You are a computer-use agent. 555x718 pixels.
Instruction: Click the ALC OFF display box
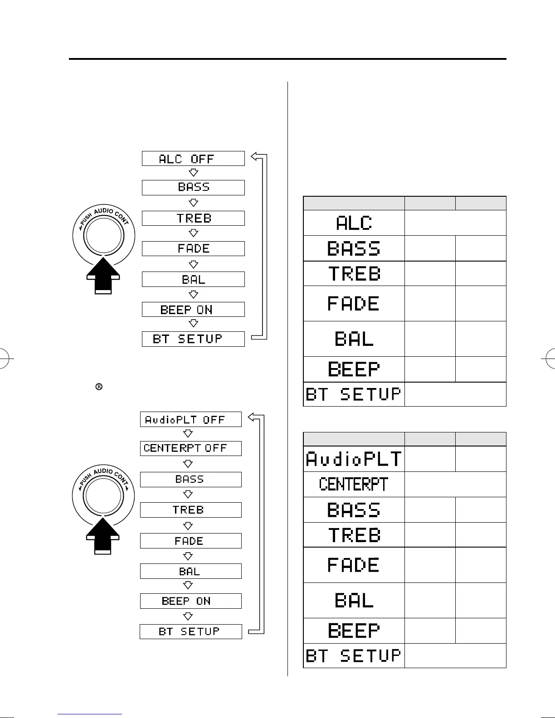click(x=193, y=159)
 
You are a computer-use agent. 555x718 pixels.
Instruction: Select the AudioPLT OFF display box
click(x=190, y=420)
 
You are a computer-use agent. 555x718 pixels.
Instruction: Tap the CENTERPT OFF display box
click(x=190, y=448)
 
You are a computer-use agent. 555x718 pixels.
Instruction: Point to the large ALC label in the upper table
click(x=354, y=223)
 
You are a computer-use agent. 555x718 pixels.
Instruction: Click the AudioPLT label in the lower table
click(x=354, y=459)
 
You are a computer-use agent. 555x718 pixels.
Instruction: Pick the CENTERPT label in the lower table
click(x=354, y=484)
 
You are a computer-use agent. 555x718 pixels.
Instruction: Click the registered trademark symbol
click(x=98, y=387)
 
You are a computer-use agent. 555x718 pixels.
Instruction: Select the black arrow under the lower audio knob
click(x=103, y=536)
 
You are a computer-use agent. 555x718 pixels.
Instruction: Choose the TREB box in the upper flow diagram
click(x=193, y=218)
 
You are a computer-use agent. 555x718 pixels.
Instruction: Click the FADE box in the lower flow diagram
click(x=190, y=541)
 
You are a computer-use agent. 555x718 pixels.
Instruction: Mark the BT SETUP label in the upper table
click(x=354, y=394)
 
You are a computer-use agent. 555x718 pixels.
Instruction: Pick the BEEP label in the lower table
click(x=354, y=631)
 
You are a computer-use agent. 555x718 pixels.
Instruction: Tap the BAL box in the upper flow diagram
click(x=193, y=279)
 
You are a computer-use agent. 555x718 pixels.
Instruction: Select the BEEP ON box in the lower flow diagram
click(x=190, y=601)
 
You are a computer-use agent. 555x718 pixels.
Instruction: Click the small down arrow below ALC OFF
click(x=194, y=173)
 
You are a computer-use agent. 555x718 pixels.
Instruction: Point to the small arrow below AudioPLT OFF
click(x=188, y=434)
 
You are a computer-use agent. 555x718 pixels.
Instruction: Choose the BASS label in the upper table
click(x=354, y=248)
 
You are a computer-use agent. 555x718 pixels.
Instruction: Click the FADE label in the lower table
click(x=354, y=565)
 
